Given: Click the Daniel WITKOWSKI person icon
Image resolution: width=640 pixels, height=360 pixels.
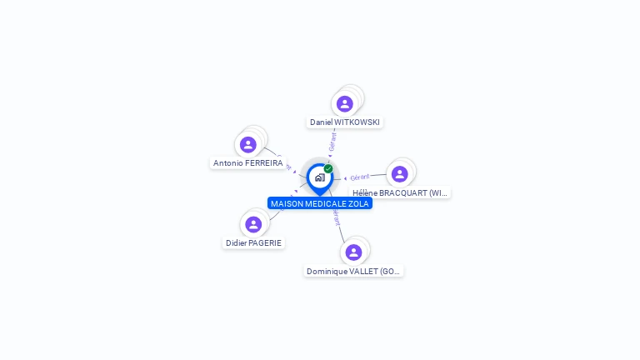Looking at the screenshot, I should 344,103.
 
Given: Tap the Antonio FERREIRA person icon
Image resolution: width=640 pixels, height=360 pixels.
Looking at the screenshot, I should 247,144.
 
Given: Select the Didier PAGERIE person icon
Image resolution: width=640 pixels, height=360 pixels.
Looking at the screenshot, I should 253,224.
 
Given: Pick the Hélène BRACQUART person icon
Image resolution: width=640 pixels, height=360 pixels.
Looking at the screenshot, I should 399,173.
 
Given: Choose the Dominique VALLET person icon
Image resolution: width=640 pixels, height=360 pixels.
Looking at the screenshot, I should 353,252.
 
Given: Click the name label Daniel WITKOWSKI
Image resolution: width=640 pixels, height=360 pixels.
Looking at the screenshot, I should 344,122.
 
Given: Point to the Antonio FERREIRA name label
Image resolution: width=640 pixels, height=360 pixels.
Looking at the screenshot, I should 247,163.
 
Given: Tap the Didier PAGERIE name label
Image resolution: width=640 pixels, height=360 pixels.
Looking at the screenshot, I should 253,243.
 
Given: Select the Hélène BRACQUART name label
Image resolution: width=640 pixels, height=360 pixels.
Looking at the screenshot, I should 400,192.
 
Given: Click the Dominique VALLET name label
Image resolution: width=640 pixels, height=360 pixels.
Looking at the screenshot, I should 353,271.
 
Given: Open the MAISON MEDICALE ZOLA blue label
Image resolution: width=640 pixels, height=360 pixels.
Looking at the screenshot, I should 319,203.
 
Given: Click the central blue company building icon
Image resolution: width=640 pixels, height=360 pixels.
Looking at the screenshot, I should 319,177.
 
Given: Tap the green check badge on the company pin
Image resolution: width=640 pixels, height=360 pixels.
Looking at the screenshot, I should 328,169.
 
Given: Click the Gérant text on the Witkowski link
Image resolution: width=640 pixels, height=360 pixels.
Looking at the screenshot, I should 332,142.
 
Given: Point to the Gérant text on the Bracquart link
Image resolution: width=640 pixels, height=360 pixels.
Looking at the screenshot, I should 360,177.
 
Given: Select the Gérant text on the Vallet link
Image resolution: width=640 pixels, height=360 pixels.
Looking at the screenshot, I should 336,217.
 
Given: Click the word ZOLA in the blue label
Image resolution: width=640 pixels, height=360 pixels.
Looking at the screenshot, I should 358,203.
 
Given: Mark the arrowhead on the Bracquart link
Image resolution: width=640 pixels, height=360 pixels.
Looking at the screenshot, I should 345,177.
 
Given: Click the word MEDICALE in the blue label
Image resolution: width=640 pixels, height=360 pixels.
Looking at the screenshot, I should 327,203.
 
